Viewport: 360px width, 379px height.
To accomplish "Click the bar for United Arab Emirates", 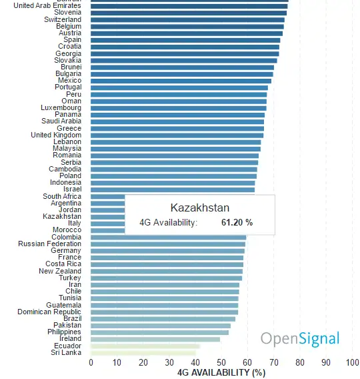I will pos(189,5).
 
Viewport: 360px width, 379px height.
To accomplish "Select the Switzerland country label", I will pos(63,19).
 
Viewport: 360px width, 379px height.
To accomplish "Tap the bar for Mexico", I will pos(181,81).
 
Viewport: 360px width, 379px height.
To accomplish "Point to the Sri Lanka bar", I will pos(143,352).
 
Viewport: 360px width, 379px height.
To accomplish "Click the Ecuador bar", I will pos(145,346).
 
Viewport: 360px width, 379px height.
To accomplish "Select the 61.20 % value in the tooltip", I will pos(237,222).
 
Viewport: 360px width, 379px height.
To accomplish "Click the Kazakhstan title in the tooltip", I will pos(199,208).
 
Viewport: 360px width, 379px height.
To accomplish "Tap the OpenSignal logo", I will pos(300,338).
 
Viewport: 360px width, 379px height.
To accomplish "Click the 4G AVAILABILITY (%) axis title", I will pos(221,372).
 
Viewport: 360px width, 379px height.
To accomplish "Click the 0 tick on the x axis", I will pos(91,362).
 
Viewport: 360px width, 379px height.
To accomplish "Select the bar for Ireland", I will pos(155,339).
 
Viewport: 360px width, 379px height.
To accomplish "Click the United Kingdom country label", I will pos(56,135).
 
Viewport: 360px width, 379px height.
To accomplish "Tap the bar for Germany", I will pos(167,251).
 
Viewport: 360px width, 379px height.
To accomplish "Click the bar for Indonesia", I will pos(173,183).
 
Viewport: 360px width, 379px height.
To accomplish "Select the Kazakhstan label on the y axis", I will pos(62,216).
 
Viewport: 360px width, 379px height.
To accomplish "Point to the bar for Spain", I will pos(185,40).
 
